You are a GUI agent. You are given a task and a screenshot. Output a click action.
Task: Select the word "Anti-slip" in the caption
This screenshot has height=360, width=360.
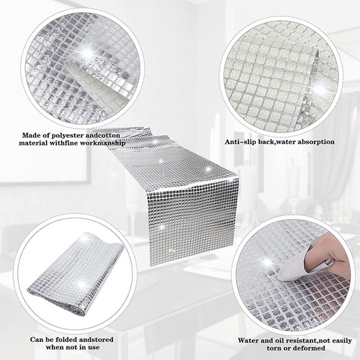(x=240, y=142)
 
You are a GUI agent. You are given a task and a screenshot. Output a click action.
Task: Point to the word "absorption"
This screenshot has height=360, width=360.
(x=316, y=142)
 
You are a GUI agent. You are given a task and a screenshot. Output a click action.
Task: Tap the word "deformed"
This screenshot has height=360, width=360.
(x=312, y=348)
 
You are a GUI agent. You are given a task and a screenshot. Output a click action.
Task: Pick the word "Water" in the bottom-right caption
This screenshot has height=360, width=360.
(x=248, y=341)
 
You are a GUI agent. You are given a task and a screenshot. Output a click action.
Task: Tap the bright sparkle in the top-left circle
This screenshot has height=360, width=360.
(x=89, y=51)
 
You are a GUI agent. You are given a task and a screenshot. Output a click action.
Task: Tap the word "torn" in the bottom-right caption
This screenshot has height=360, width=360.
(x=274, y=348)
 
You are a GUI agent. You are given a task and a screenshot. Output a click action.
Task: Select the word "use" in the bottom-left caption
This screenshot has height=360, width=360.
(x=94, y=348)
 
